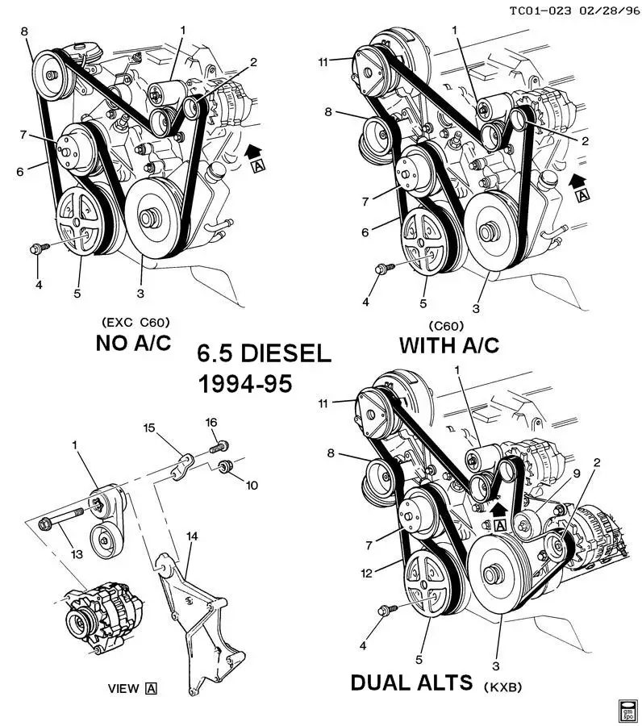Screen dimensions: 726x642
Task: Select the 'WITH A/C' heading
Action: [x=449, y=346]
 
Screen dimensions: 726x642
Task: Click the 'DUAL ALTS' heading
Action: [x=411, y=682]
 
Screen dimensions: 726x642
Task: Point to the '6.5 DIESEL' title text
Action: [x=264, y=354]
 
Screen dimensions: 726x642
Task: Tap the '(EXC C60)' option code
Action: [x=135, y=322]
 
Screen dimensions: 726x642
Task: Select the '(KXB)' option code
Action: [x=503, y=686]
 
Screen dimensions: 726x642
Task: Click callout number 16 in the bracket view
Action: [x=211, y=422]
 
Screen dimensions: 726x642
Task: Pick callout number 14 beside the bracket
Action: [x=192, y=536]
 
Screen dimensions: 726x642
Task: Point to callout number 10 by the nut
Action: [x=252, y=485]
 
